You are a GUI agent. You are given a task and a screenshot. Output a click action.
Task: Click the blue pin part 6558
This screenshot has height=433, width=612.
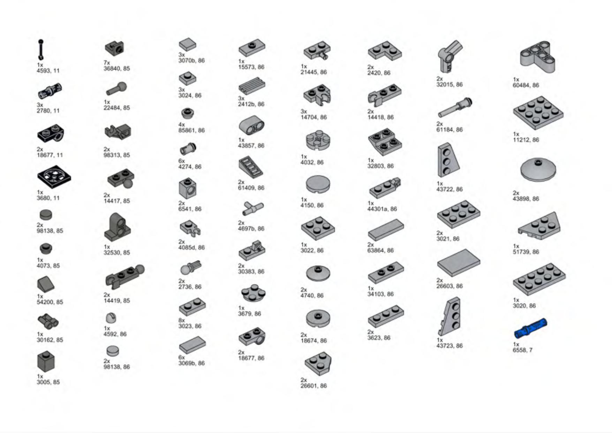tap(530, 328)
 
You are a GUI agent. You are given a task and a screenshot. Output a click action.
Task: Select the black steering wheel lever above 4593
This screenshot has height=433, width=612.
tap(41, 50)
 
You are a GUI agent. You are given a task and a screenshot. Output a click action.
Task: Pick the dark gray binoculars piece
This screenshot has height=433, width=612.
tap(48, 321)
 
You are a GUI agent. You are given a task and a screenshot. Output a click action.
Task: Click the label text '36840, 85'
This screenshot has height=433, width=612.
tap(116, 68)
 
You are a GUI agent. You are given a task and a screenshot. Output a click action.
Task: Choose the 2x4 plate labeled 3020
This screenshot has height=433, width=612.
tap(539, 279)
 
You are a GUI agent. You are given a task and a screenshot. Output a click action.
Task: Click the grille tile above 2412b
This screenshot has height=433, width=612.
tap(252, 86)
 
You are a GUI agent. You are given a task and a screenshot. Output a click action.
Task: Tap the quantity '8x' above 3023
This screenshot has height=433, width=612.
tap(182, 320)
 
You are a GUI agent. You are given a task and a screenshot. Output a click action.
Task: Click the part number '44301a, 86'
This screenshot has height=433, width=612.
tap(382, 209)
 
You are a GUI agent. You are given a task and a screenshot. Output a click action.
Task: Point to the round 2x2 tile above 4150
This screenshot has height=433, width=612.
tap(318, 184)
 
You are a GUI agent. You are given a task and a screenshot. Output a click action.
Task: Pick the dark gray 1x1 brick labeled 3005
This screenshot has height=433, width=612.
tap(46, 361)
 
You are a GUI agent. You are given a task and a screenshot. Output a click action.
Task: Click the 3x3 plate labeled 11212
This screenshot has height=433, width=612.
tap(538, 113)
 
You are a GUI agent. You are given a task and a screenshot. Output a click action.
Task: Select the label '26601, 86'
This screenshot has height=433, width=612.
tap(313, 386)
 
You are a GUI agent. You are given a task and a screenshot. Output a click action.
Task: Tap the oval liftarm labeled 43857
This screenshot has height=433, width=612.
tap(251, 126)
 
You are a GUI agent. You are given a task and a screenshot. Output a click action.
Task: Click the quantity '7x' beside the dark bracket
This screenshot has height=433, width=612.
tap(107, 63)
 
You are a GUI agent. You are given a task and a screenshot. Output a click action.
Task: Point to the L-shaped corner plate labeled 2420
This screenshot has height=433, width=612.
tap(385, 51)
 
